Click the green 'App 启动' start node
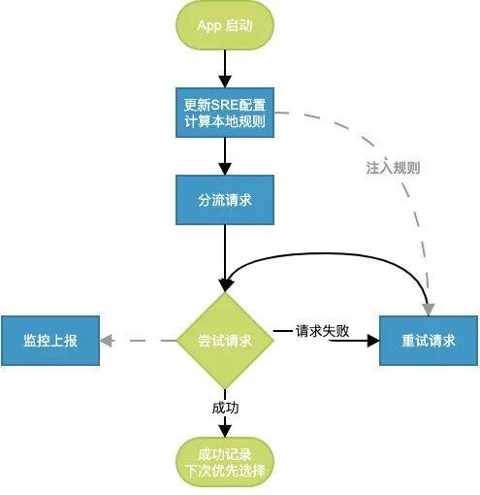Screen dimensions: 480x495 [x=225, y=25]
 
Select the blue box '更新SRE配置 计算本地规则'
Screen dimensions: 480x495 [x=225, y=113]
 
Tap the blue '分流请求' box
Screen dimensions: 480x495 [x=225, y=200]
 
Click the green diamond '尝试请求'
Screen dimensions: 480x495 [x=225, y=341]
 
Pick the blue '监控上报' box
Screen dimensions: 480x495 [x=50, y=341]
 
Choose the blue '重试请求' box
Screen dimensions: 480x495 [x=429, y=341]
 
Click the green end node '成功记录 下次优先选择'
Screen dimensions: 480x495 [x=225, y=462]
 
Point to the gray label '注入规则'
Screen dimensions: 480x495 [x=393, y=168]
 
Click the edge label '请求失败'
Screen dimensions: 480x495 [x=323, y=331]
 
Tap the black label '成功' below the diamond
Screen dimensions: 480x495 [x=225, y=408]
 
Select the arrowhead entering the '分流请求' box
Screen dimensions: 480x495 [x=225, y=169]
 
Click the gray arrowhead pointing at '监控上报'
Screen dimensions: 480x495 [x=107, y=341]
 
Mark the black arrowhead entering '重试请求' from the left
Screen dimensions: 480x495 [x=373, y=341]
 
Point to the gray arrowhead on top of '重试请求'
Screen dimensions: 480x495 [x=429, y=310]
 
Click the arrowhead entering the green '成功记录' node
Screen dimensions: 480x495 [x=225, y=431]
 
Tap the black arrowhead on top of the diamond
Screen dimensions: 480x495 [x=225, y=285]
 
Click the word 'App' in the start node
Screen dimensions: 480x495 [x=209, y=25]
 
